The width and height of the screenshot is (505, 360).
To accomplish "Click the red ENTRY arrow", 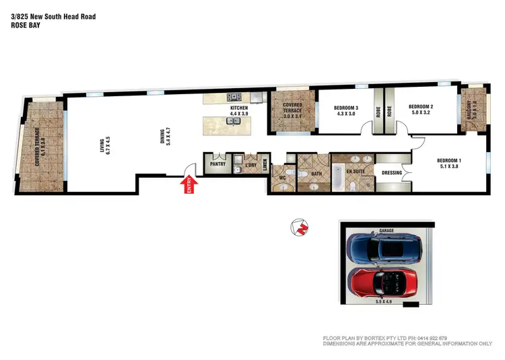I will (189, 184).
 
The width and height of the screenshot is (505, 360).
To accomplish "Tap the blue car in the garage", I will (384, 248).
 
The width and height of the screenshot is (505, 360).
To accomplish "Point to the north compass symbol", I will (300, 227).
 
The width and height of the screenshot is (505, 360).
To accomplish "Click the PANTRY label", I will (217, 164).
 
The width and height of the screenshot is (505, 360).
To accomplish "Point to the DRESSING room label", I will (391, 173).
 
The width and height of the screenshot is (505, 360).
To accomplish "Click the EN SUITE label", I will (355, 173).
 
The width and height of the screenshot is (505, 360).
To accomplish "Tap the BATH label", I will (316, 173).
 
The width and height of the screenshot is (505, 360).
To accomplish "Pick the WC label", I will (283, 178).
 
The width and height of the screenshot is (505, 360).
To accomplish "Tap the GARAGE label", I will (386, 230).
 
